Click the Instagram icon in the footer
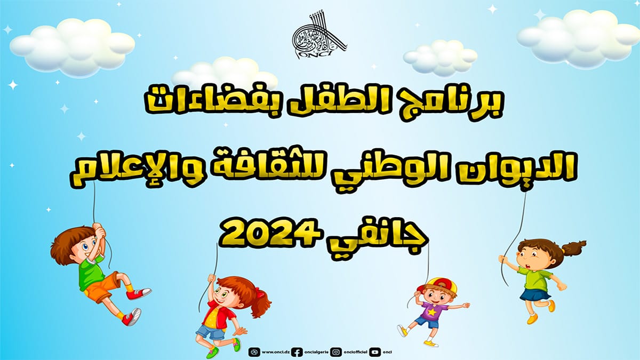336,352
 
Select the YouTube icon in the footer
375,352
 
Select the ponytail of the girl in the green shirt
572,247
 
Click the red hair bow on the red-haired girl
259,293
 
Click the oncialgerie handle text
314,352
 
